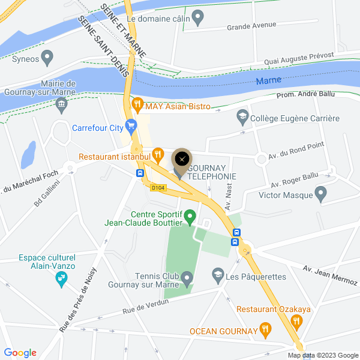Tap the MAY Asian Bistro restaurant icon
click(137, 106)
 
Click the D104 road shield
click(158, 188)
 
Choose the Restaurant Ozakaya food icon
click(295, 322)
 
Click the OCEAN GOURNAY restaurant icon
click(265, 329)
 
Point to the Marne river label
click(268, 81)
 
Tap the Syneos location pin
click(47, 58)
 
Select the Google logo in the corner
click(20, 353)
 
